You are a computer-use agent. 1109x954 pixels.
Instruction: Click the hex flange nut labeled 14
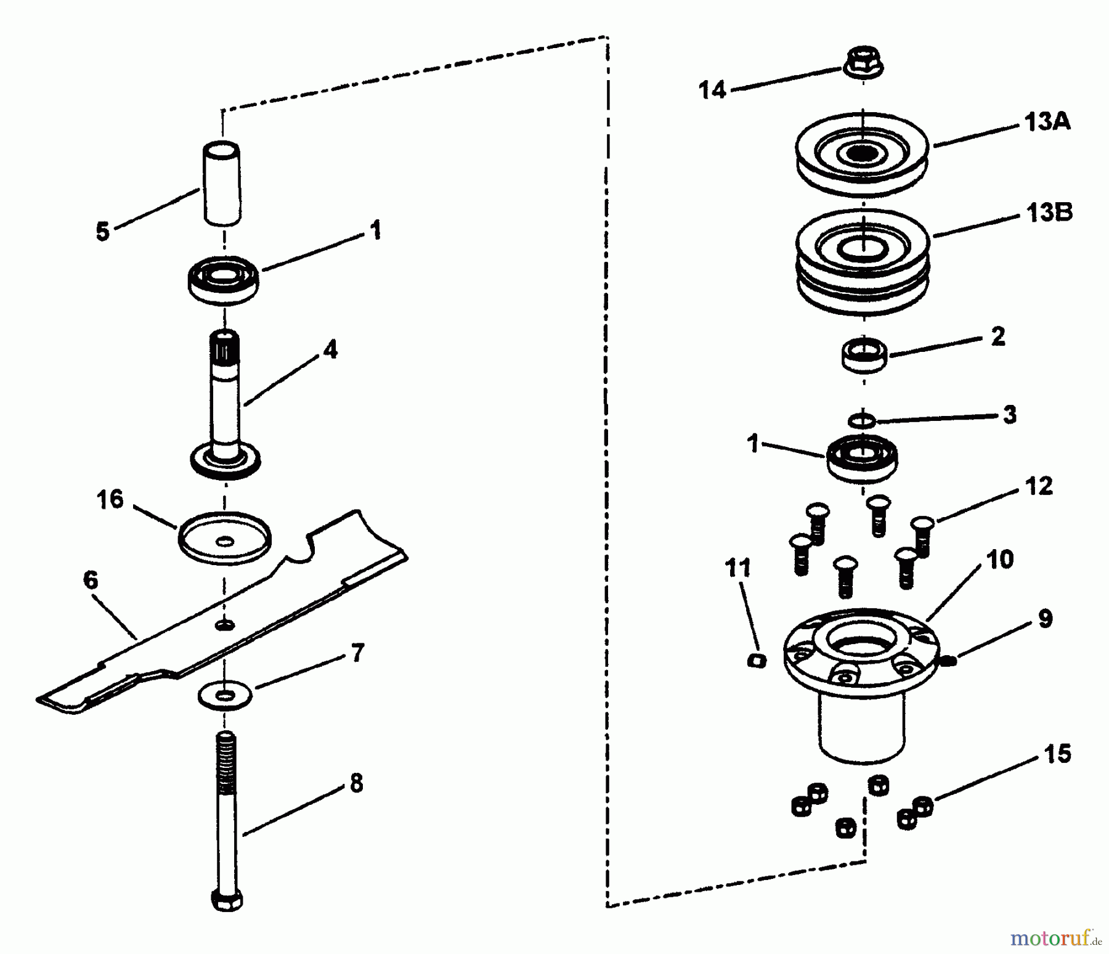(863, 62)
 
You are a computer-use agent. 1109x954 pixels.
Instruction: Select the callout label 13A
(1047, 122)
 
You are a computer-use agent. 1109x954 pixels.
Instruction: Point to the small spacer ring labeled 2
(864, 355)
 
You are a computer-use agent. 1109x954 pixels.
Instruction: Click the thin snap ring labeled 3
(862, 421)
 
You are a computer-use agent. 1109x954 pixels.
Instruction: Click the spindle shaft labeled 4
(225, 401)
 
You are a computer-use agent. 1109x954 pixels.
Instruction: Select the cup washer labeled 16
(225, 537)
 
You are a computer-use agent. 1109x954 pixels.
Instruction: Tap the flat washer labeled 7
(225, 696)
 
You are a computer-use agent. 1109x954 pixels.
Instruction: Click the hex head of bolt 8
(227, 900)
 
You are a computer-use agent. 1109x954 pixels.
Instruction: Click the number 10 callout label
(999, 560)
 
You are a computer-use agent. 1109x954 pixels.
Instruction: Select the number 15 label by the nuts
(1057, 754)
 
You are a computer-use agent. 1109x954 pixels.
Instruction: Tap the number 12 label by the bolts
(1039, 486)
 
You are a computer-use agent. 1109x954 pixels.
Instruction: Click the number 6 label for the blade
(91, 580)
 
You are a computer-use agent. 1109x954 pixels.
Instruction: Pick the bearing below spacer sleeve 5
(223, 280)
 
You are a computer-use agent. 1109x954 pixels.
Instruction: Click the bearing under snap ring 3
(863, 459)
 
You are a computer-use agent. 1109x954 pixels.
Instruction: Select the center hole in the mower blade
(225, 626)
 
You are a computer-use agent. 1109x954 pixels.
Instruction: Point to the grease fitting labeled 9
(949, 661)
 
